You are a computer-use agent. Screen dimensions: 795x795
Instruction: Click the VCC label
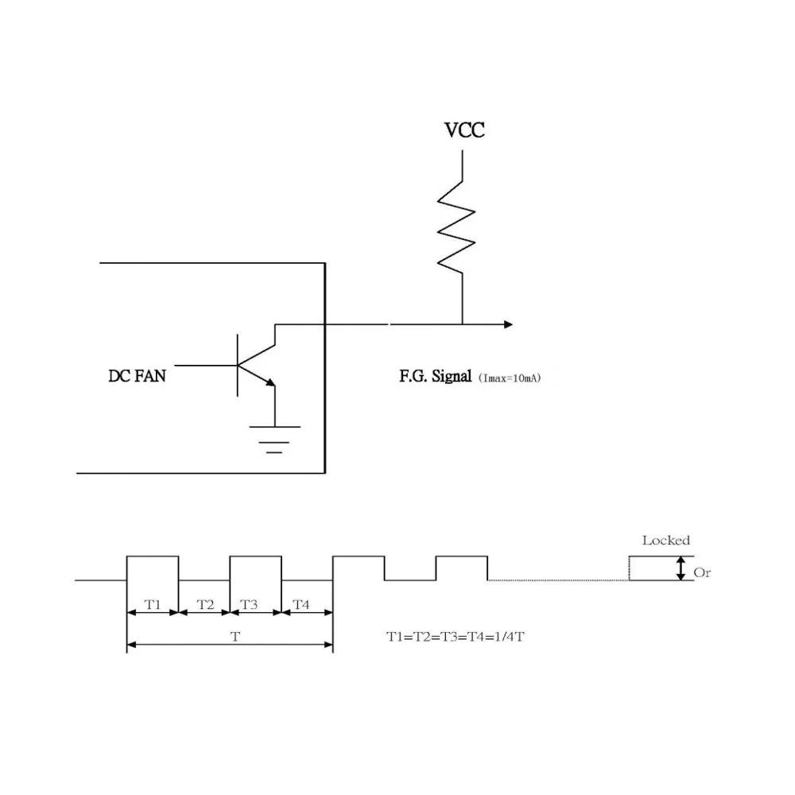(464, 130)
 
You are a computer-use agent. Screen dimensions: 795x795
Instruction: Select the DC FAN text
(137, 376)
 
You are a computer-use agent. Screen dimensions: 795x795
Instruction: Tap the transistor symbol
(256, 365)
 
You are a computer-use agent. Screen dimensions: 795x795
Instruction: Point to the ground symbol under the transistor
(274, 439)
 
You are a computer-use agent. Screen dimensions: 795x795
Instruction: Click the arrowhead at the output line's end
(509, 324)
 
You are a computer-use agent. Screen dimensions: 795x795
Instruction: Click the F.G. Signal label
(436, 376)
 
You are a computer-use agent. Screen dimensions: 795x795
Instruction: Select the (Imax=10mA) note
(510, 378)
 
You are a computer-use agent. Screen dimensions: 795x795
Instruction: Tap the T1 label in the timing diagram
(153, 604)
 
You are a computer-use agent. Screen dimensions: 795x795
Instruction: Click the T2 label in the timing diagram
(205, 604)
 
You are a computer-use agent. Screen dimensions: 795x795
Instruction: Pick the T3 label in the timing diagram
(249, 604)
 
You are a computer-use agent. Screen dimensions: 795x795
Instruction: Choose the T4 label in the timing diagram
(301, 604)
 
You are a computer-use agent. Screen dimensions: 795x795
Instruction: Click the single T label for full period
(235, 637)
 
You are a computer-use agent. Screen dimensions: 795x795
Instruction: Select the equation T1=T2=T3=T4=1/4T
(456, 637)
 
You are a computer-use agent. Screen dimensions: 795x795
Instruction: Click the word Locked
(666, 541)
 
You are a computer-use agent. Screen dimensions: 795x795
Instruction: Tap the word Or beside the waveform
(702, 573)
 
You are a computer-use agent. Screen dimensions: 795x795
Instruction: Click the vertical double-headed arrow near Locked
(681, 568)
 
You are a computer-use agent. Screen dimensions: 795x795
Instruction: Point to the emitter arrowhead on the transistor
(271, 382)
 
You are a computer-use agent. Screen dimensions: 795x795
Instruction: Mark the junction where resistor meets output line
(463, 324)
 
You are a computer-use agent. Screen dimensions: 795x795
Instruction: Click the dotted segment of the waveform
(558, 580)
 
